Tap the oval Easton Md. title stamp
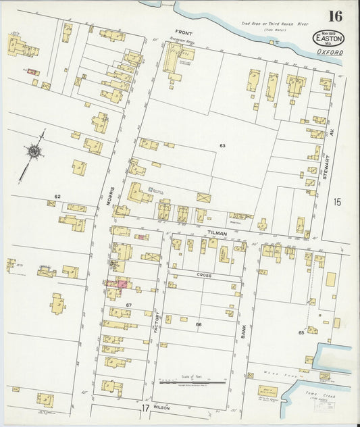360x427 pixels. click(328, 39)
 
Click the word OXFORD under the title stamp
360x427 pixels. click(329, 53)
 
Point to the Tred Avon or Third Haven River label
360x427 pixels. click(274, 24)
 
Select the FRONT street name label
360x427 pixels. click(183, 32)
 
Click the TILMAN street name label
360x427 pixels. click(217, 232)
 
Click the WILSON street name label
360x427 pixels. click(161, 408)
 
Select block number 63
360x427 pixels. click(222, 145)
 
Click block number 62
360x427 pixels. click(57, 197)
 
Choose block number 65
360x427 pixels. click(301, 333)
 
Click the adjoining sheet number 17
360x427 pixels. click(145, 408)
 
